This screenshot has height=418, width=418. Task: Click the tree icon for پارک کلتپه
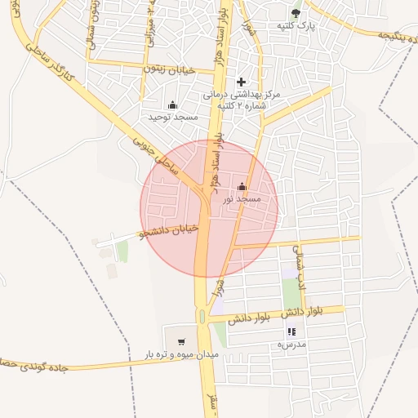point(296,13)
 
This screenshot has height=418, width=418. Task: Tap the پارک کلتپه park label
point(296,27)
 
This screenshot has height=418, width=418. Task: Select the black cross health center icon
point(241,82)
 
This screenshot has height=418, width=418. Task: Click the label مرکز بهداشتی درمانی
point(244,96)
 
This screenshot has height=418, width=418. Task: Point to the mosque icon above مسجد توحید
point(172,105)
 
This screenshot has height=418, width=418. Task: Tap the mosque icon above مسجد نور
point(241,186)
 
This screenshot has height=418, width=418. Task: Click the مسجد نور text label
point(242,198)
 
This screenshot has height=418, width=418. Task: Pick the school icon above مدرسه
point(291,332)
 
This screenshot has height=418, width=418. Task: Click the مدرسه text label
point(291,345)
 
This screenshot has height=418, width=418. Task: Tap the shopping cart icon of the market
point(180,341)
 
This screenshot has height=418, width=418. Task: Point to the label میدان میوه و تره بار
point(179,354)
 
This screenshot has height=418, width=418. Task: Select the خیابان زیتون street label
point(170,70)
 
